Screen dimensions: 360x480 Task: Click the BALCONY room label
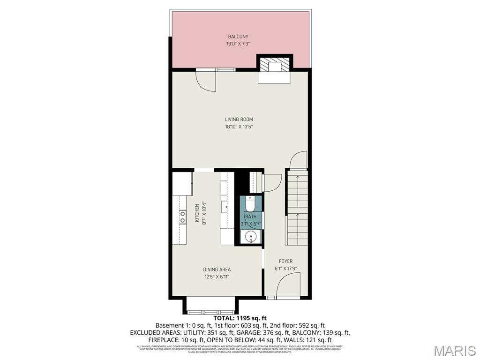click(238, 37)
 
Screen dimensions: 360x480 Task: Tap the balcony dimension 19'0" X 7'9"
click(238, 44)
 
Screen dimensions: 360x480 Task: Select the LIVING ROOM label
click(239, 120)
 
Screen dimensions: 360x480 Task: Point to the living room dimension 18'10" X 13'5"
click(239, 127)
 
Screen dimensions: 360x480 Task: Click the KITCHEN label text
click(197, 212)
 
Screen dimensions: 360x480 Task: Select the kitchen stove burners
click(182, 217)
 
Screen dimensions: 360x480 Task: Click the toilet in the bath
click(250, 204)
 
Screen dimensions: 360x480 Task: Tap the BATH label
click(251, 217)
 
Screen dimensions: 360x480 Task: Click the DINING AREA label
click(217, 270)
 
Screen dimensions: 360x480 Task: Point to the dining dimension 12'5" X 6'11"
click(217, 277)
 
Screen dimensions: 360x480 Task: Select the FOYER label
click(285, 262)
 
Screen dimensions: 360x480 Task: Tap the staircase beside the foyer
click(296, 209)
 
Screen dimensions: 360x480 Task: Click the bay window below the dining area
click(210, 310)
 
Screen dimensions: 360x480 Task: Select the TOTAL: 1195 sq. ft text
click(240, 318)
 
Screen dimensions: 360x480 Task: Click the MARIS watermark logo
click(454, 350)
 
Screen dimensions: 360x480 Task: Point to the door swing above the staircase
click(299, 160)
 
